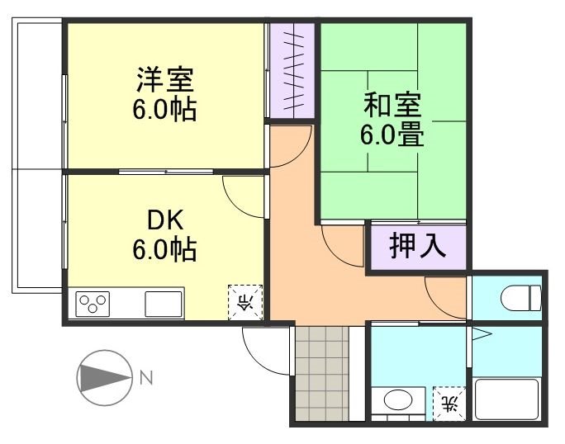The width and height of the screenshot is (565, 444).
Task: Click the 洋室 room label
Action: (x=165, y=82)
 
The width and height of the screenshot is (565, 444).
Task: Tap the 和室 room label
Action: (x=393, y=106)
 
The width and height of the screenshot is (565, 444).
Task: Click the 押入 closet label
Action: (x=417, y=247)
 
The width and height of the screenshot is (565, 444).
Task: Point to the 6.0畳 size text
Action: (x=392, y=134)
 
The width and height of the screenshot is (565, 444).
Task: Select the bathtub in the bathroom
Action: (x=507, y=399)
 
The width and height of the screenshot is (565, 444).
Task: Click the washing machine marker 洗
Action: (x=449, y=403)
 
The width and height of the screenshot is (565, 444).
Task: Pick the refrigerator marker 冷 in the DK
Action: (x=245, y=302)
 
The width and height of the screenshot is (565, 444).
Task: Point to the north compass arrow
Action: (x=103, y=378)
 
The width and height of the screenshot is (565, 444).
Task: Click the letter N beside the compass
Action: (x=145, y=379)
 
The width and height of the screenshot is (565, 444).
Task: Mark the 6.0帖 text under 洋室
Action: (x=165, y=110)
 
